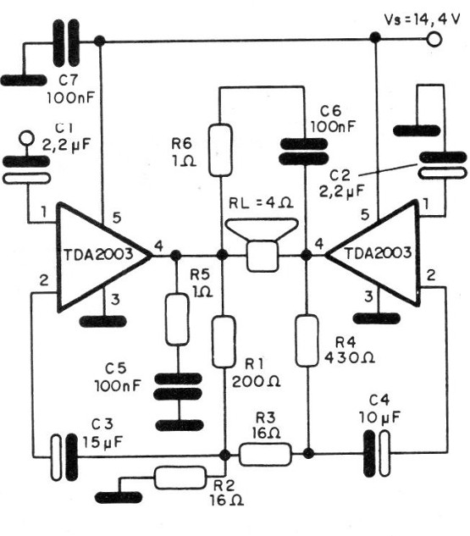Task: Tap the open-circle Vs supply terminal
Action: (436, 39)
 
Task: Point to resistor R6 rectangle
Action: (221, 150)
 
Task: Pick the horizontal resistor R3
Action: (265, 455)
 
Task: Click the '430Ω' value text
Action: (347, 357)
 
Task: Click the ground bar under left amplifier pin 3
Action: (102, 321)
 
